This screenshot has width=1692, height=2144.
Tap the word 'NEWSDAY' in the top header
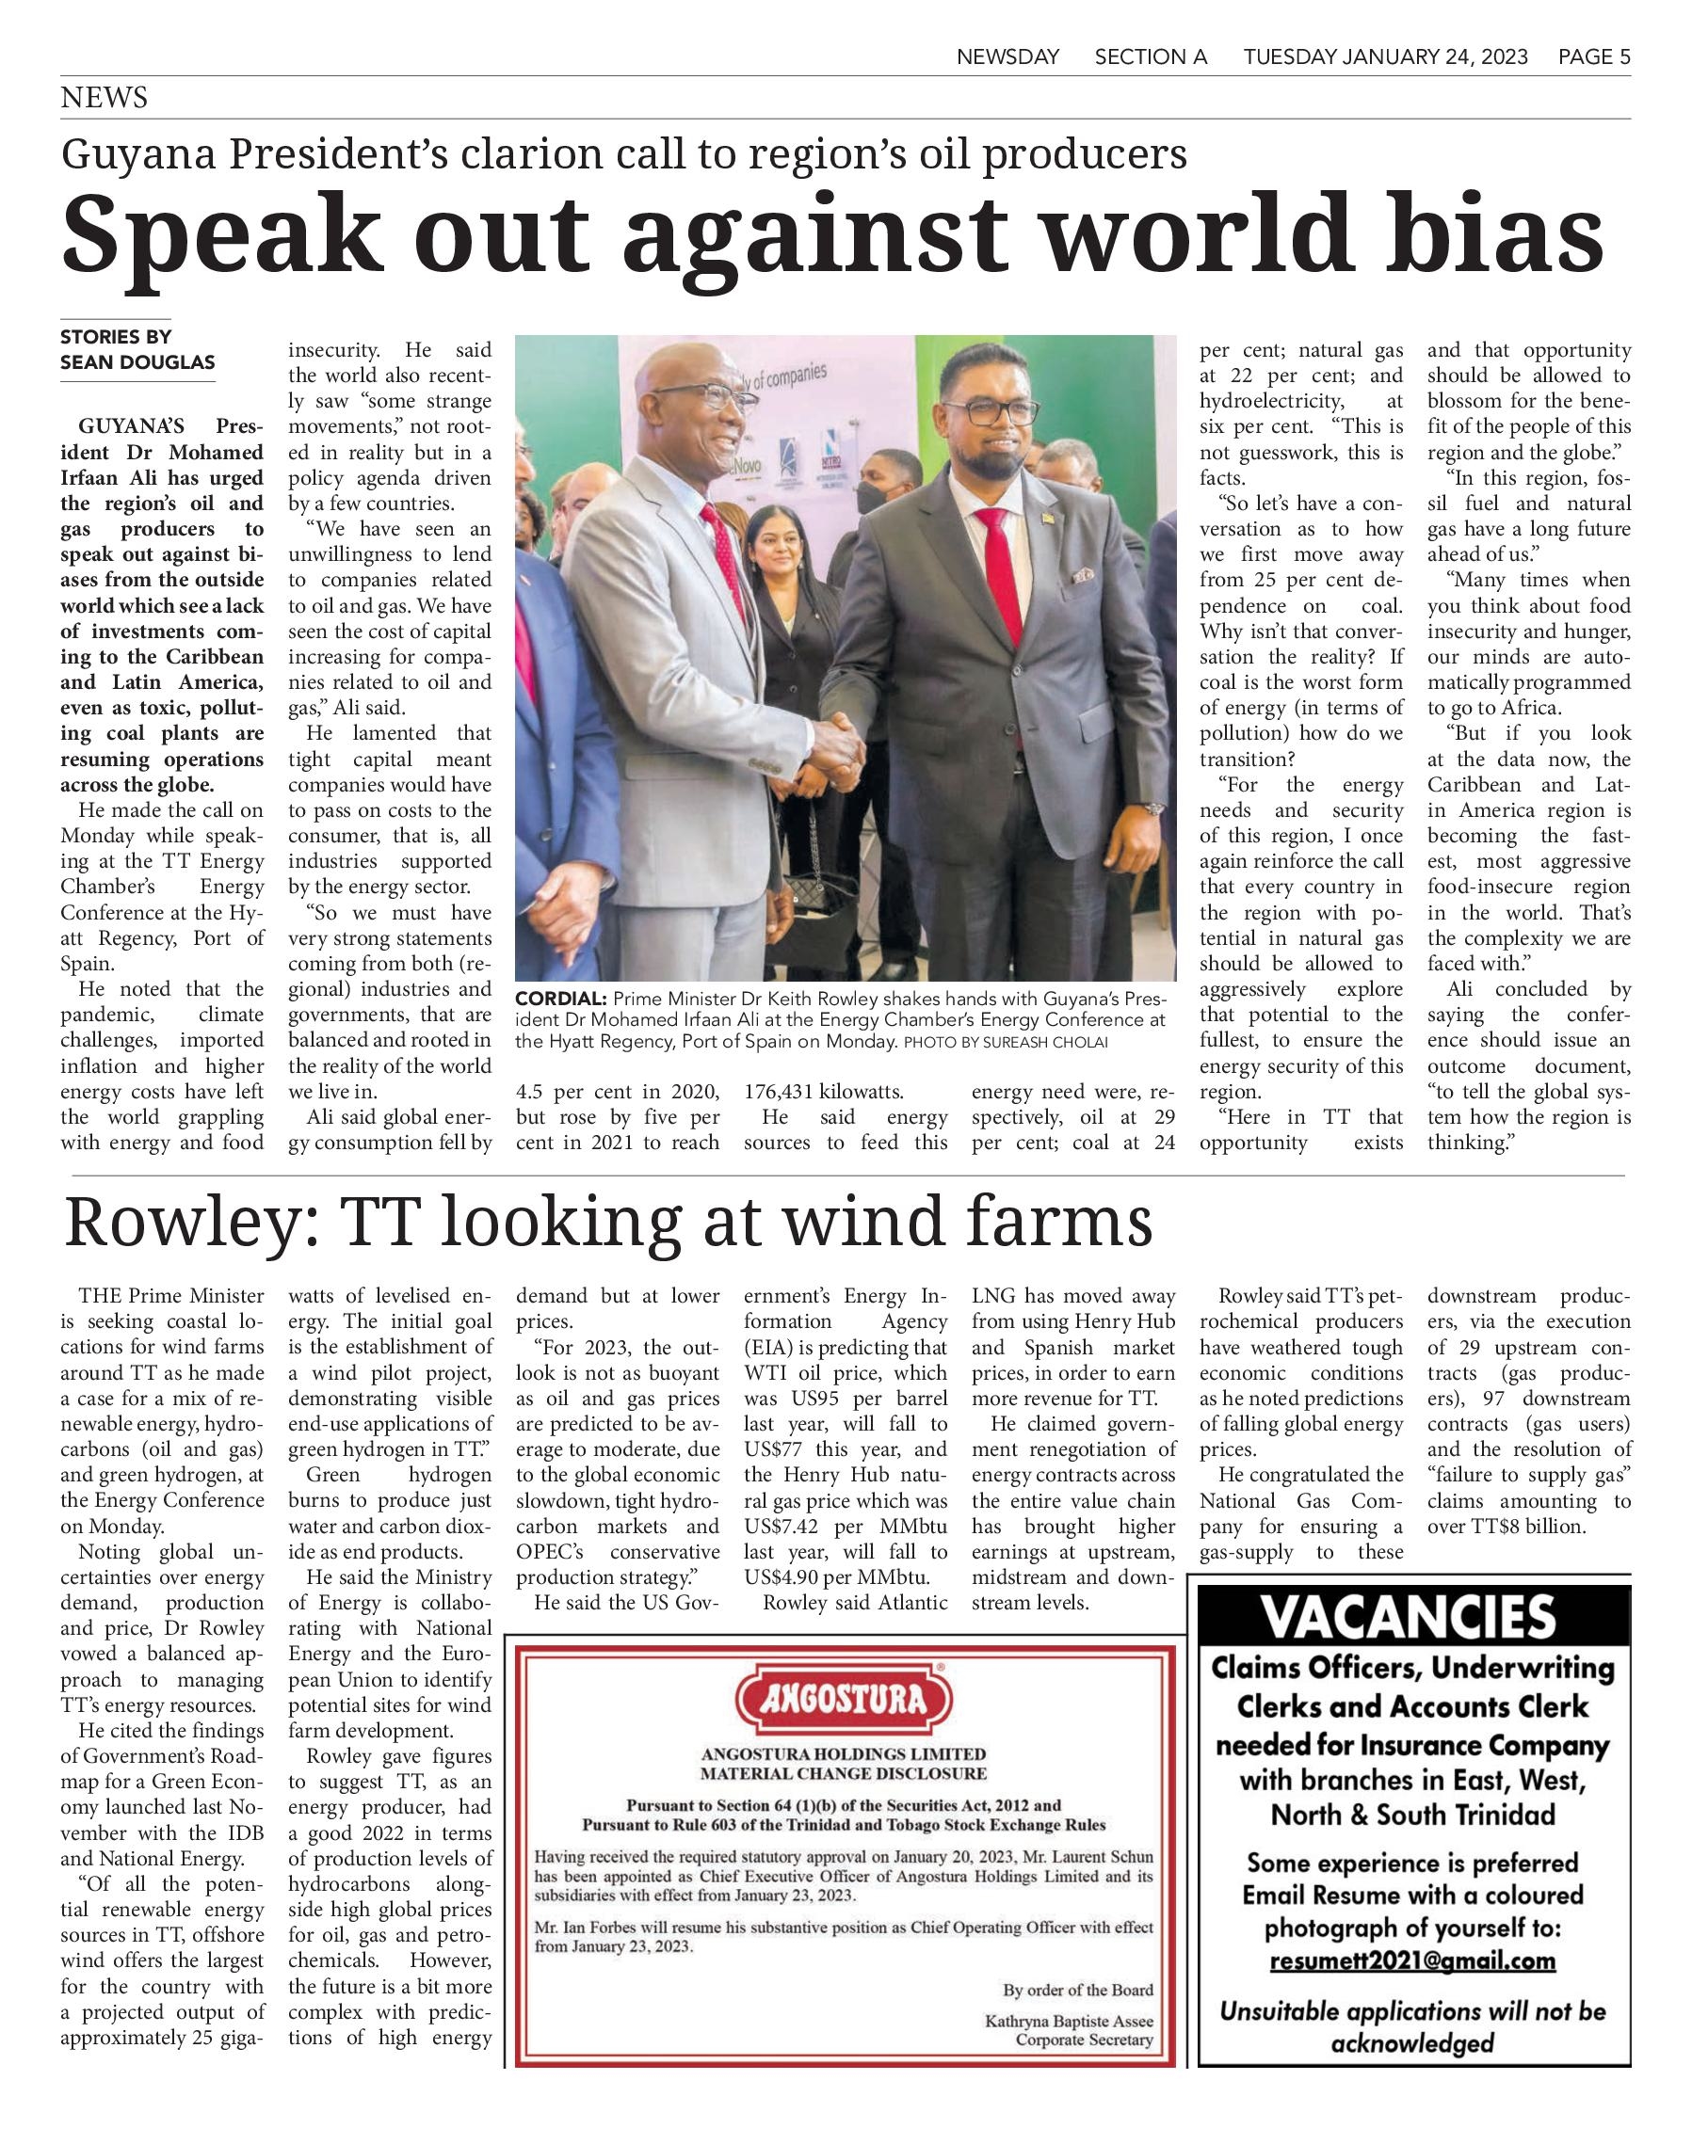click(1007, 57)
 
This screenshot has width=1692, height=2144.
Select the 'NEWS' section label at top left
click(104, 98)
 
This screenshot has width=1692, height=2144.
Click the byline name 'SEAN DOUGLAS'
click(137, 362)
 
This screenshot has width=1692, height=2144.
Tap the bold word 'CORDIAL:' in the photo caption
click(559, 999)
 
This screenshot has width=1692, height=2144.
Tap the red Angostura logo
click(844, 1701)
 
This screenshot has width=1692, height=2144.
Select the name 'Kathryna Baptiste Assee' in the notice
click(1069, 2022)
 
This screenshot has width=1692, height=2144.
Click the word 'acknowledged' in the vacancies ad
click(1411, 2043)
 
